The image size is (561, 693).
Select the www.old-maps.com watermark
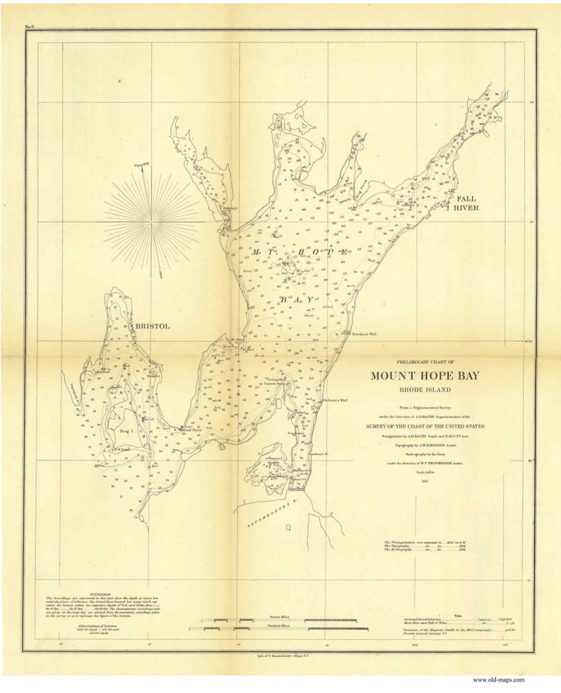tap(498, 680)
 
